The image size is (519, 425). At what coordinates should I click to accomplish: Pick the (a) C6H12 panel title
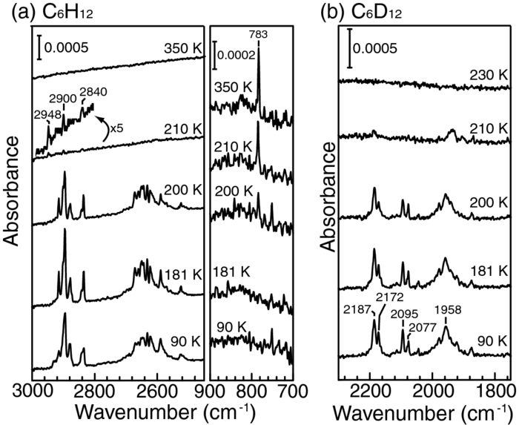[x=49, y=11]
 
